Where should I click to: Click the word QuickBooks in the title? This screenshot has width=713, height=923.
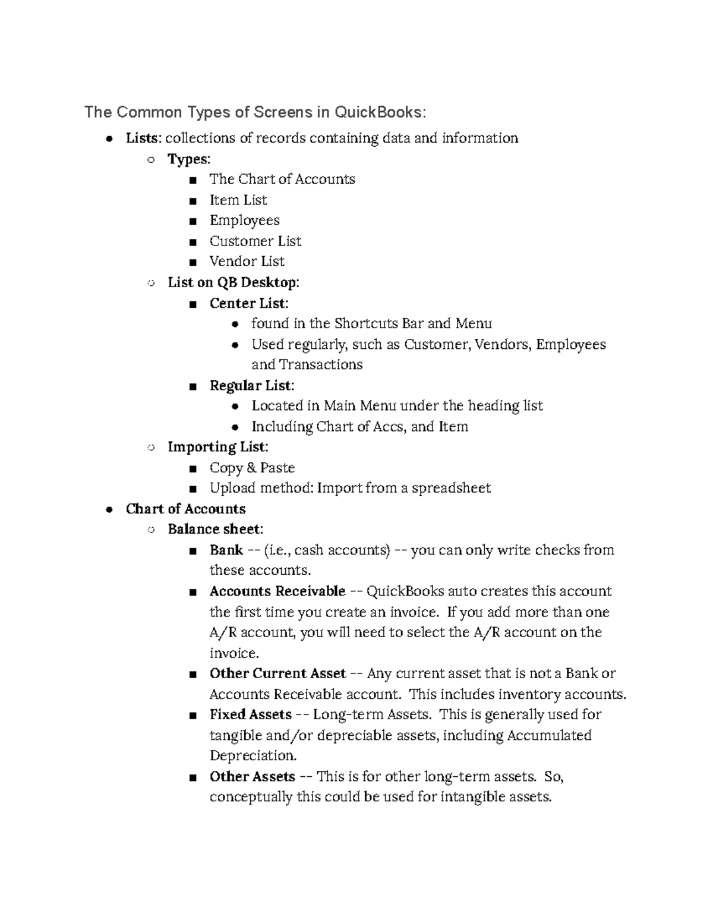377,112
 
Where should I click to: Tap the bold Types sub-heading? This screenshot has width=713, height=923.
188,159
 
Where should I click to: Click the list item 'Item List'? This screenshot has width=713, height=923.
238,200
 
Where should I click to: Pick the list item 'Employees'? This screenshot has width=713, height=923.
244,220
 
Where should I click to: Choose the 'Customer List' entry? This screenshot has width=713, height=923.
255,241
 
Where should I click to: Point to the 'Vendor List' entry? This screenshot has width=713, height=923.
247,262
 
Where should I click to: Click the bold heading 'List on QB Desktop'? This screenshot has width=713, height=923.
232,282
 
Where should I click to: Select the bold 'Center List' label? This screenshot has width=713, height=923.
248,303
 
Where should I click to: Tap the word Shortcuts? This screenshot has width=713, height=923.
366,323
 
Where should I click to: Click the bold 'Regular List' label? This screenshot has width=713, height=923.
251,385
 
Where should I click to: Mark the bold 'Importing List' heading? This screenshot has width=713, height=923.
217,447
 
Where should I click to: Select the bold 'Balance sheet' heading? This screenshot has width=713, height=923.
214,529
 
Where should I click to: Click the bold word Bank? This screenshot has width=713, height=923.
226,550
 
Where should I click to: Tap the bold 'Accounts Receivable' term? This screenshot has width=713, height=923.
277,591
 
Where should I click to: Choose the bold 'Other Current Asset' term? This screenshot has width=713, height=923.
277,673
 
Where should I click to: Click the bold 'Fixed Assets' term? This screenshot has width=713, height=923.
250,714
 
